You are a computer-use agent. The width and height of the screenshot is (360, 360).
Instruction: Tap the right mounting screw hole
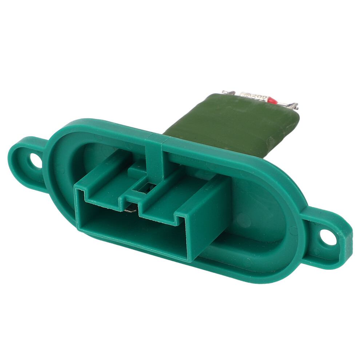[x=329, y=237]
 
